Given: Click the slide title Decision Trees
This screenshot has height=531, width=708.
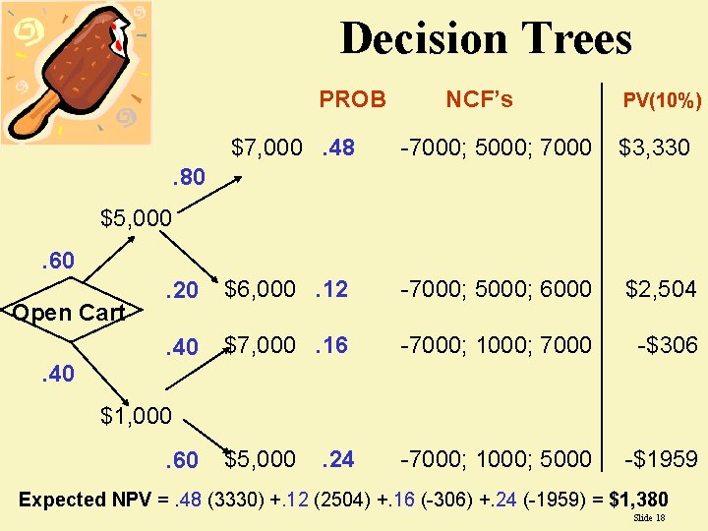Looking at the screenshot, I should coord(486,39).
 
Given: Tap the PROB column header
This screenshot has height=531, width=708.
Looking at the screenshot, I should coord(352,99).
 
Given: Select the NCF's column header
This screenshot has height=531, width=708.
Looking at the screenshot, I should coord(479,99).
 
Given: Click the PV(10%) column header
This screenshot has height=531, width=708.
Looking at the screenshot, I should coord(662,100).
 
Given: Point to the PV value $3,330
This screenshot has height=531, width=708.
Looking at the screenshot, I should coord(654,148).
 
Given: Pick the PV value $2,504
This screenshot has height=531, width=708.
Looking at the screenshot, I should coord(661,288).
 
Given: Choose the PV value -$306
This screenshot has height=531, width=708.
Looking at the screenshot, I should coord(668,344).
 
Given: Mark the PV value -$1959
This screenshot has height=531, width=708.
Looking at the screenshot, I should coord(662,458).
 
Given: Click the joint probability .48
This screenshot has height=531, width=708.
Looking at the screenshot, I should coord(337,148).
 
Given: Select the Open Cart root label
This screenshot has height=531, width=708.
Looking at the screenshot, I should coord(68,313).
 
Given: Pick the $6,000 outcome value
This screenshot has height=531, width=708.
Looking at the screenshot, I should coord(260,288).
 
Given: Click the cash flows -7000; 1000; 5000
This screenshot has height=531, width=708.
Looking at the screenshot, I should coord(496,458).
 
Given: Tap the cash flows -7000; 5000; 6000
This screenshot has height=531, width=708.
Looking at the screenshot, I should coord(496,288).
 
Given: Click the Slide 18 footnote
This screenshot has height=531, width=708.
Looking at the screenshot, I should coord(649,517).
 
